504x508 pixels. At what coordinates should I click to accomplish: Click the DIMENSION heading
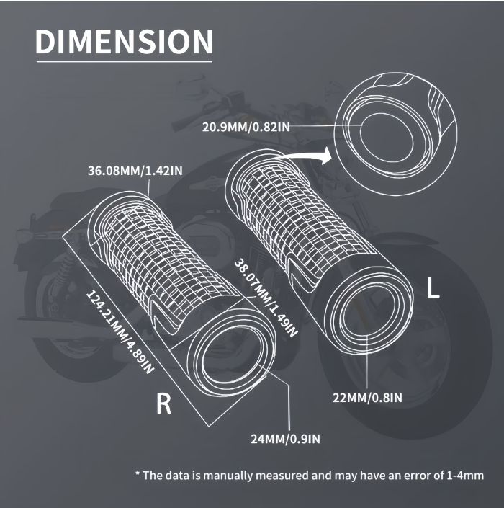125,41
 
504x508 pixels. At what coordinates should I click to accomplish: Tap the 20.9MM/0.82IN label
246,127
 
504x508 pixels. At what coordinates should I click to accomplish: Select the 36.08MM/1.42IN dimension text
135,170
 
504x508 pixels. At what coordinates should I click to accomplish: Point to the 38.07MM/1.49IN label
266,298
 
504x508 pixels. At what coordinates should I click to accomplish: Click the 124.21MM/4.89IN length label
120,332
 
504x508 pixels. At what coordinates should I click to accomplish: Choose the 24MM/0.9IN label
285,439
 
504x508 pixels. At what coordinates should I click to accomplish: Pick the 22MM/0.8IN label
367,398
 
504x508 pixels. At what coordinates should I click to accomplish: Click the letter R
163,404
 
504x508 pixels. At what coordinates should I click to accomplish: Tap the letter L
433,288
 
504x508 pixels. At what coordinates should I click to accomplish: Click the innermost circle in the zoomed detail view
387,138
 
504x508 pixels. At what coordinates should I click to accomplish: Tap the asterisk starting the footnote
138,474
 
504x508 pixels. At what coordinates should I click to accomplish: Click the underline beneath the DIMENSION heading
125,61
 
